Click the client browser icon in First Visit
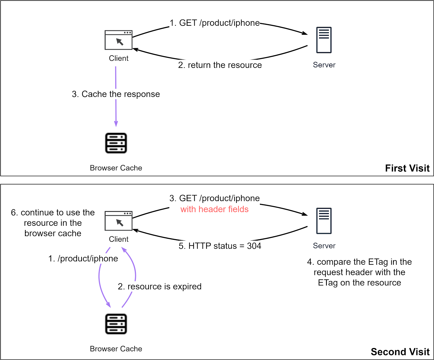click(x=119, y=40)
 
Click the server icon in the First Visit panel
click(x=324, y=40)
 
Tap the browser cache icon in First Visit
click(x=116, y=143)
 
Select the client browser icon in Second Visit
click(x=119, y=221)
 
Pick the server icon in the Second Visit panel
click(x=324, y=221)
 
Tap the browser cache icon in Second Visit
click(x=116, y=324)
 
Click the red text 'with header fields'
click(x=214, y=209)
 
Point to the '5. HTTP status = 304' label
click(x=220, y=246)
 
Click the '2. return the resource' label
click(x=220, y=65)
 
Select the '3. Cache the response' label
click(x=116, y=94)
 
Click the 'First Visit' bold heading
click(x=407, y=168)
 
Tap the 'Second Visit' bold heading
click(x=400, y=352)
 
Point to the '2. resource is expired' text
click(x=159, y=286)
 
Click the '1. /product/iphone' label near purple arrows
click(x=83, y=259)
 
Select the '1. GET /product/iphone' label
click(x=214, y=23)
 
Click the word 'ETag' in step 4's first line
click(x=378, y=262)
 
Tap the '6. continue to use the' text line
click(x=53, y=212)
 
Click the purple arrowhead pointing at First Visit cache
click(x=116, y=124)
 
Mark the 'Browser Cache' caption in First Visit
click(x=116, y=168)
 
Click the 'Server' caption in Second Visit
click(x=324, y=246)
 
